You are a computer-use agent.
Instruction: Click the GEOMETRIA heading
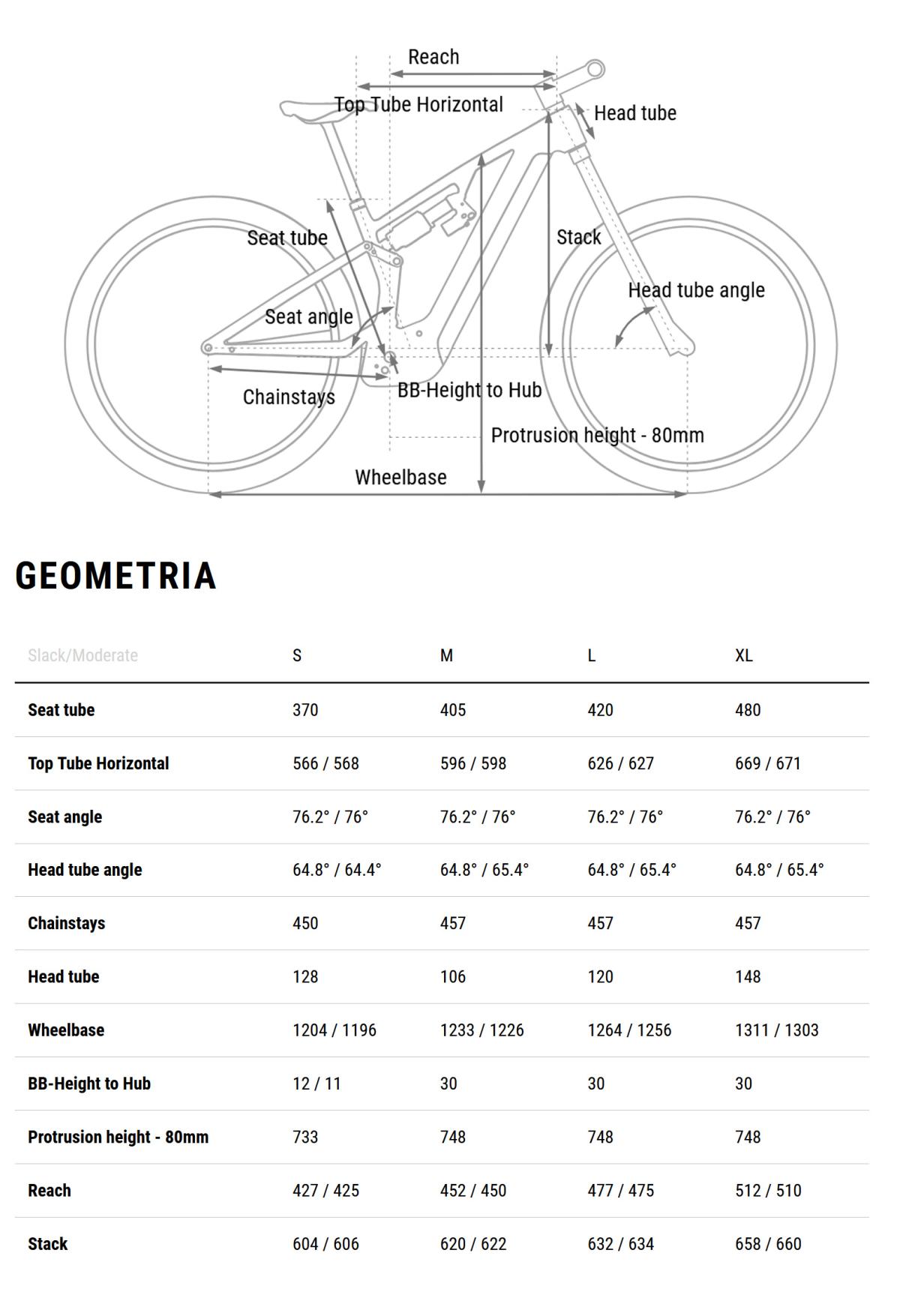[x=116, y=576]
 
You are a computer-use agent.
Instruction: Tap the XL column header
[x=743, y=655]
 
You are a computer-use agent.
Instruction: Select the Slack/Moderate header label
[x=82, y=655]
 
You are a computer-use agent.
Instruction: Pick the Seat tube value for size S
[x=305, y=709]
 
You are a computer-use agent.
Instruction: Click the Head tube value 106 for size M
[x=453, y=976]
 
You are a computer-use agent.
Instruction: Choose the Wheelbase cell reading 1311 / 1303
[x=776, y=1030]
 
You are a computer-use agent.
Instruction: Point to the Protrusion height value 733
[x=305, y=1137]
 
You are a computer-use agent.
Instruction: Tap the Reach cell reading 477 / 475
[x=620, y=1190]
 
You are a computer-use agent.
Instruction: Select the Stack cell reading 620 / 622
[x=473, y=1243]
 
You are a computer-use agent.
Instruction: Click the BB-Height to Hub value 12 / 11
[x=316, y=1083]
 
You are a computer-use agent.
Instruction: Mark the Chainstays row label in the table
[x=67, y=923]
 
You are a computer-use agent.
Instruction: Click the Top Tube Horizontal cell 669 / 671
[x=768, y=763]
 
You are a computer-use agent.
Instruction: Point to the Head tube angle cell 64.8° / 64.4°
[x=337, y=869]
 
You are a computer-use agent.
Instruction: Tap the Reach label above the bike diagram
[x=433, y=57]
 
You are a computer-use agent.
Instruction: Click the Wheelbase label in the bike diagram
[x=400, y=477]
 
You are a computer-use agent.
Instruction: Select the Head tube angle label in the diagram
[x=696, y=290]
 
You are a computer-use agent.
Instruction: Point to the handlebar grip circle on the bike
[x=595, y=70]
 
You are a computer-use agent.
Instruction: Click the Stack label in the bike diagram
[x=578, y=237]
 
